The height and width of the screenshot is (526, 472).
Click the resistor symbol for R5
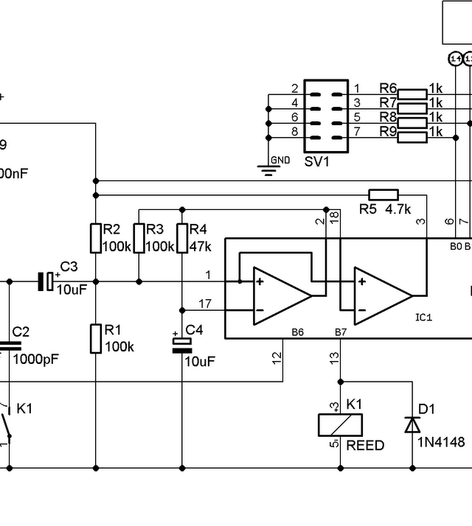click(x=383, y=195)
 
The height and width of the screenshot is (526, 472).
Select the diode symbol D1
click(x=412, y=424)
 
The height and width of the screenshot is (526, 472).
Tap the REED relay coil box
click(x=340, y=424)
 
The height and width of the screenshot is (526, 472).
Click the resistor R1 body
click(x=94, y=338)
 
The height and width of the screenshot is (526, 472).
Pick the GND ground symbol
click(x=269, y=169)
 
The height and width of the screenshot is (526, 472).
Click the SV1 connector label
click(x=316, y=161)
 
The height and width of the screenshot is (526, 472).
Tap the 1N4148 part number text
click(x=441, y=443)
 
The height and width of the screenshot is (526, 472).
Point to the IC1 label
click(x=424, y=318)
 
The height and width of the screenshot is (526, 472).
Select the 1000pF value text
click(x=34, y=360)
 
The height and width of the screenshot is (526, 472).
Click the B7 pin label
click(x=340, y=333)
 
